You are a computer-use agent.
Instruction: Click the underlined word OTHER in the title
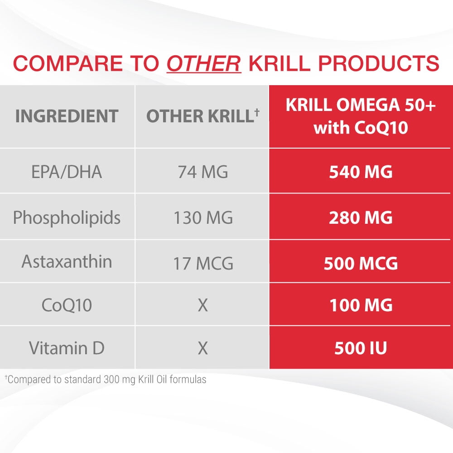204,63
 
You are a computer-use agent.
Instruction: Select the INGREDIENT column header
67,116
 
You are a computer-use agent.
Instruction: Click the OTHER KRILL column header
199,116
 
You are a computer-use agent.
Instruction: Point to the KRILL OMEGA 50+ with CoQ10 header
361,116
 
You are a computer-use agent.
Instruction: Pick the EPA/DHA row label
67,172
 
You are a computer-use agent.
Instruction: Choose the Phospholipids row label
67,218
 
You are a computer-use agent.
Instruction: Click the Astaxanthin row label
67,262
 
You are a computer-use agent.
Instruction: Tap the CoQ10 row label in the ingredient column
67,305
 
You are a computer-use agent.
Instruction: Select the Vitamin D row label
67,348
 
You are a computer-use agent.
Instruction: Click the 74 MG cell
202,172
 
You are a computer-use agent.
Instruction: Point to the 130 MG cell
202,218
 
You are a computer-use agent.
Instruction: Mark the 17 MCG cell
202,263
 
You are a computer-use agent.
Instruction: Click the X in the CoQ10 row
202,305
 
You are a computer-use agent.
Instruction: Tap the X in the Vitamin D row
202,348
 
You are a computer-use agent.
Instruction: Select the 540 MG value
361,172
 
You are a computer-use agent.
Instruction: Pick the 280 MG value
361,218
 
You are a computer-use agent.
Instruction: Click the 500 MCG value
361,263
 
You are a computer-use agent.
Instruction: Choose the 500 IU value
361,348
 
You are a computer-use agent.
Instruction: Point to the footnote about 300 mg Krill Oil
106,380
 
